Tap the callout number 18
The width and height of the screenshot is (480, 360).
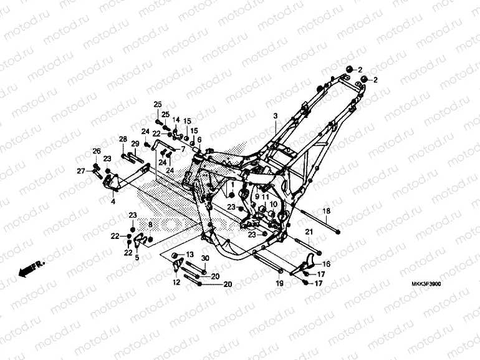[326, 212]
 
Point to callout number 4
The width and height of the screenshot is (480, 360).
[113, 202]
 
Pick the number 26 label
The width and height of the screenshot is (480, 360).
[97, 151]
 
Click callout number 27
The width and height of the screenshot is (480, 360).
[81, 171]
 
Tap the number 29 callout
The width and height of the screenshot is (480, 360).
[135, 144]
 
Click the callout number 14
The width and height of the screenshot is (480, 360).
[176, 120]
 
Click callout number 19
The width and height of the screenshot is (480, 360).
[280, 283]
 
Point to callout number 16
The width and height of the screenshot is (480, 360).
[326, 264]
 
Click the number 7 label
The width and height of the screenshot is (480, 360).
[183, 150]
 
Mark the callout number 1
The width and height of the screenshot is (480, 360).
[233, 185]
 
